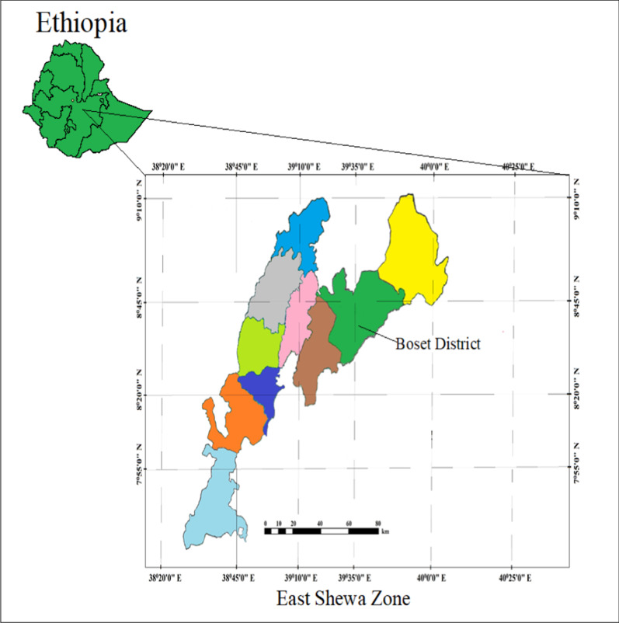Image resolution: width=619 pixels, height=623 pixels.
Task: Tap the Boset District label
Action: point(437,343)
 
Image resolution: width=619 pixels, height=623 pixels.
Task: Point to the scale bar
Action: point(322,531)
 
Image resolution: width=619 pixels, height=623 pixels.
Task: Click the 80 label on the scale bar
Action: point(377,523)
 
